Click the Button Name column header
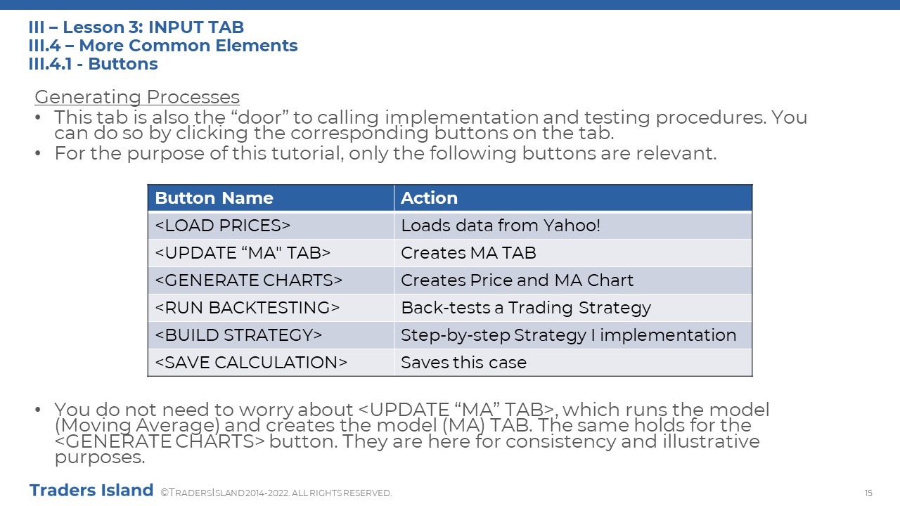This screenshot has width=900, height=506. tap(271, 198)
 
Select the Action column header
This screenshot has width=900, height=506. tap(573, 198)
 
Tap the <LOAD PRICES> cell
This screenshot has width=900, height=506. tap(271, 226)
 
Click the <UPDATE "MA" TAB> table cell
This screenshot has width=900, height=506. tap(271, 253)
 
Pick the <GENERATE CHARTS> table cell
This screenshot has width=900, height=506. tap(271, 280)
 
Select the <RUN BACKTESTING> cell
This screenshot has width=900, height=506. tap(271, 308)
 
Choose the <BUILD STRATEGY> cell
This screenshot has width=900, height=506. tap(271, 335)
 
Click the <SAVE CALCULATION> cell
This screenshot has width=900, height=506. tap(271, 362)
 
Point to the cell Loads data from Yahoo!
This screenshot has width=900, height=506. tap(573, 226)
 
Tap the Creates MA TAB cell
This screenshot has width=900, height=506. tap(573, 253)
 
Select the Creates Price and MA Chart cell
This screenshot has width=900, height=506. tap(573, 280)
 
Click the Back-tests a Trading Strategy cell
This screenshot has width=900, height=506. tap(573, 308)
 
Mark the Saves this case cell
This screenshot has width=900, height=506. tap(573, 362)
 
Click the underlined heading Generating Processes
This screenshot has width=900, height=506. tap(137, 97)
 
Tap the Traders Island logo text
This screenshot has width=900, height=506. tap(91, 491)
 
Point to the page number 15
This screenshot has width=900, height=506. tap(868, 493)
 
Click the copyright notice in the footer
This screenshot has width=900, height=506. tap(276, 493)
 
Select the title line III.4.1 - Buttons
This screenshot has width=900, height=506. tap(94, 64)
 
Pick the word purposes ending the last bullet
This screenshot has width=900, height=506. tap(100, 458)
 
